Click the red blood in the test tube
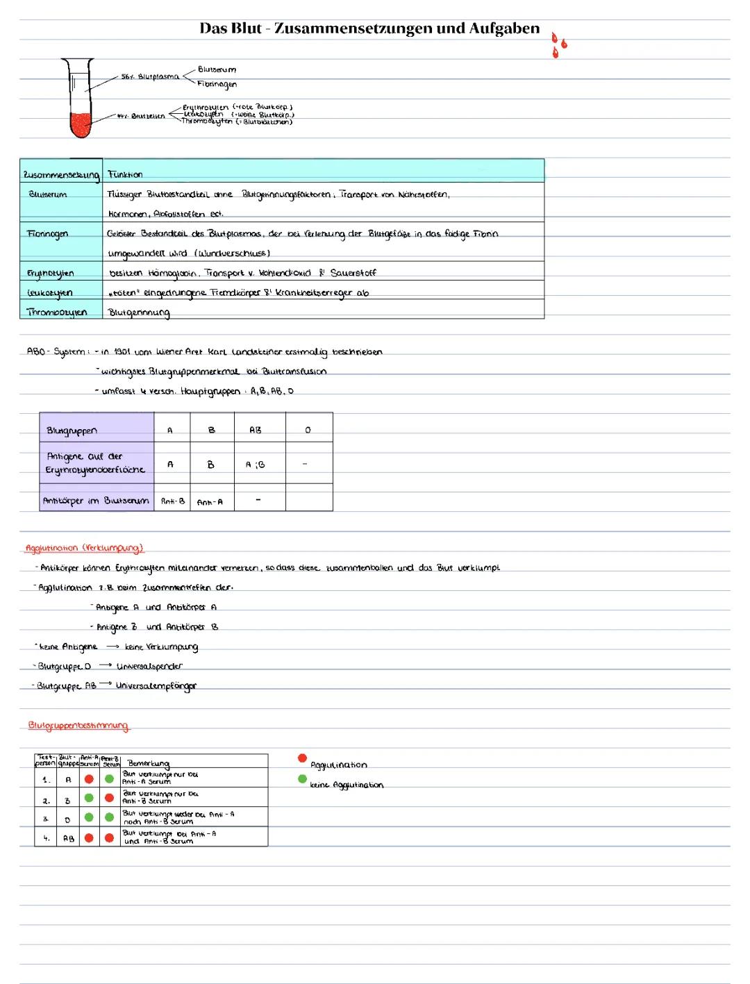[x=81, y=126]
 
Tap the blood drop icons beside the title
[x=558, y=44]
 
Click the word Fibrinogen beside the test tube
[x=217, y=84]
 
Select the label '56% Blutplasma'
[x=149, y=76]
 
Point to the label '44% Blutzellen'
[x=142, y=116]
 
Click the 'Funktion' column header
[x=125, y=174]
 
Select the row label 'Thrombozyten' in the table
[x=57, y=312]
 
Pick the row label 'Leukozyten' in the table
[x=49, y=292]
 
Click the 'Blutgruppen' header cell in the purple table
[x=72, y=431]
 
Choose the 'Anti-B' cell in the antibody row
[x=172, y=501]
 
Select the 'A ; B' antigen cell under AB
[x=255, y=465]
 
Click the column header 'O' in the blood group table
[x=308, y=431]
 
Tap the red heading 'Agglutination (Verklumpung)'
[x=84, y=548]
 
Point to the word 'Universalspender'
[x=149, y=666]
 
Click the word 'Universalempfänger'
[x=156, y=685]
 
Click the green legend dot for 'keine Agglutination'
[x=302, y=778]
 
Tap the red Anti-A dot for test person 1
[x=89, y=778]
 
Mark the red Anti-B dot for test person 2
[x=109, y=798]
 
